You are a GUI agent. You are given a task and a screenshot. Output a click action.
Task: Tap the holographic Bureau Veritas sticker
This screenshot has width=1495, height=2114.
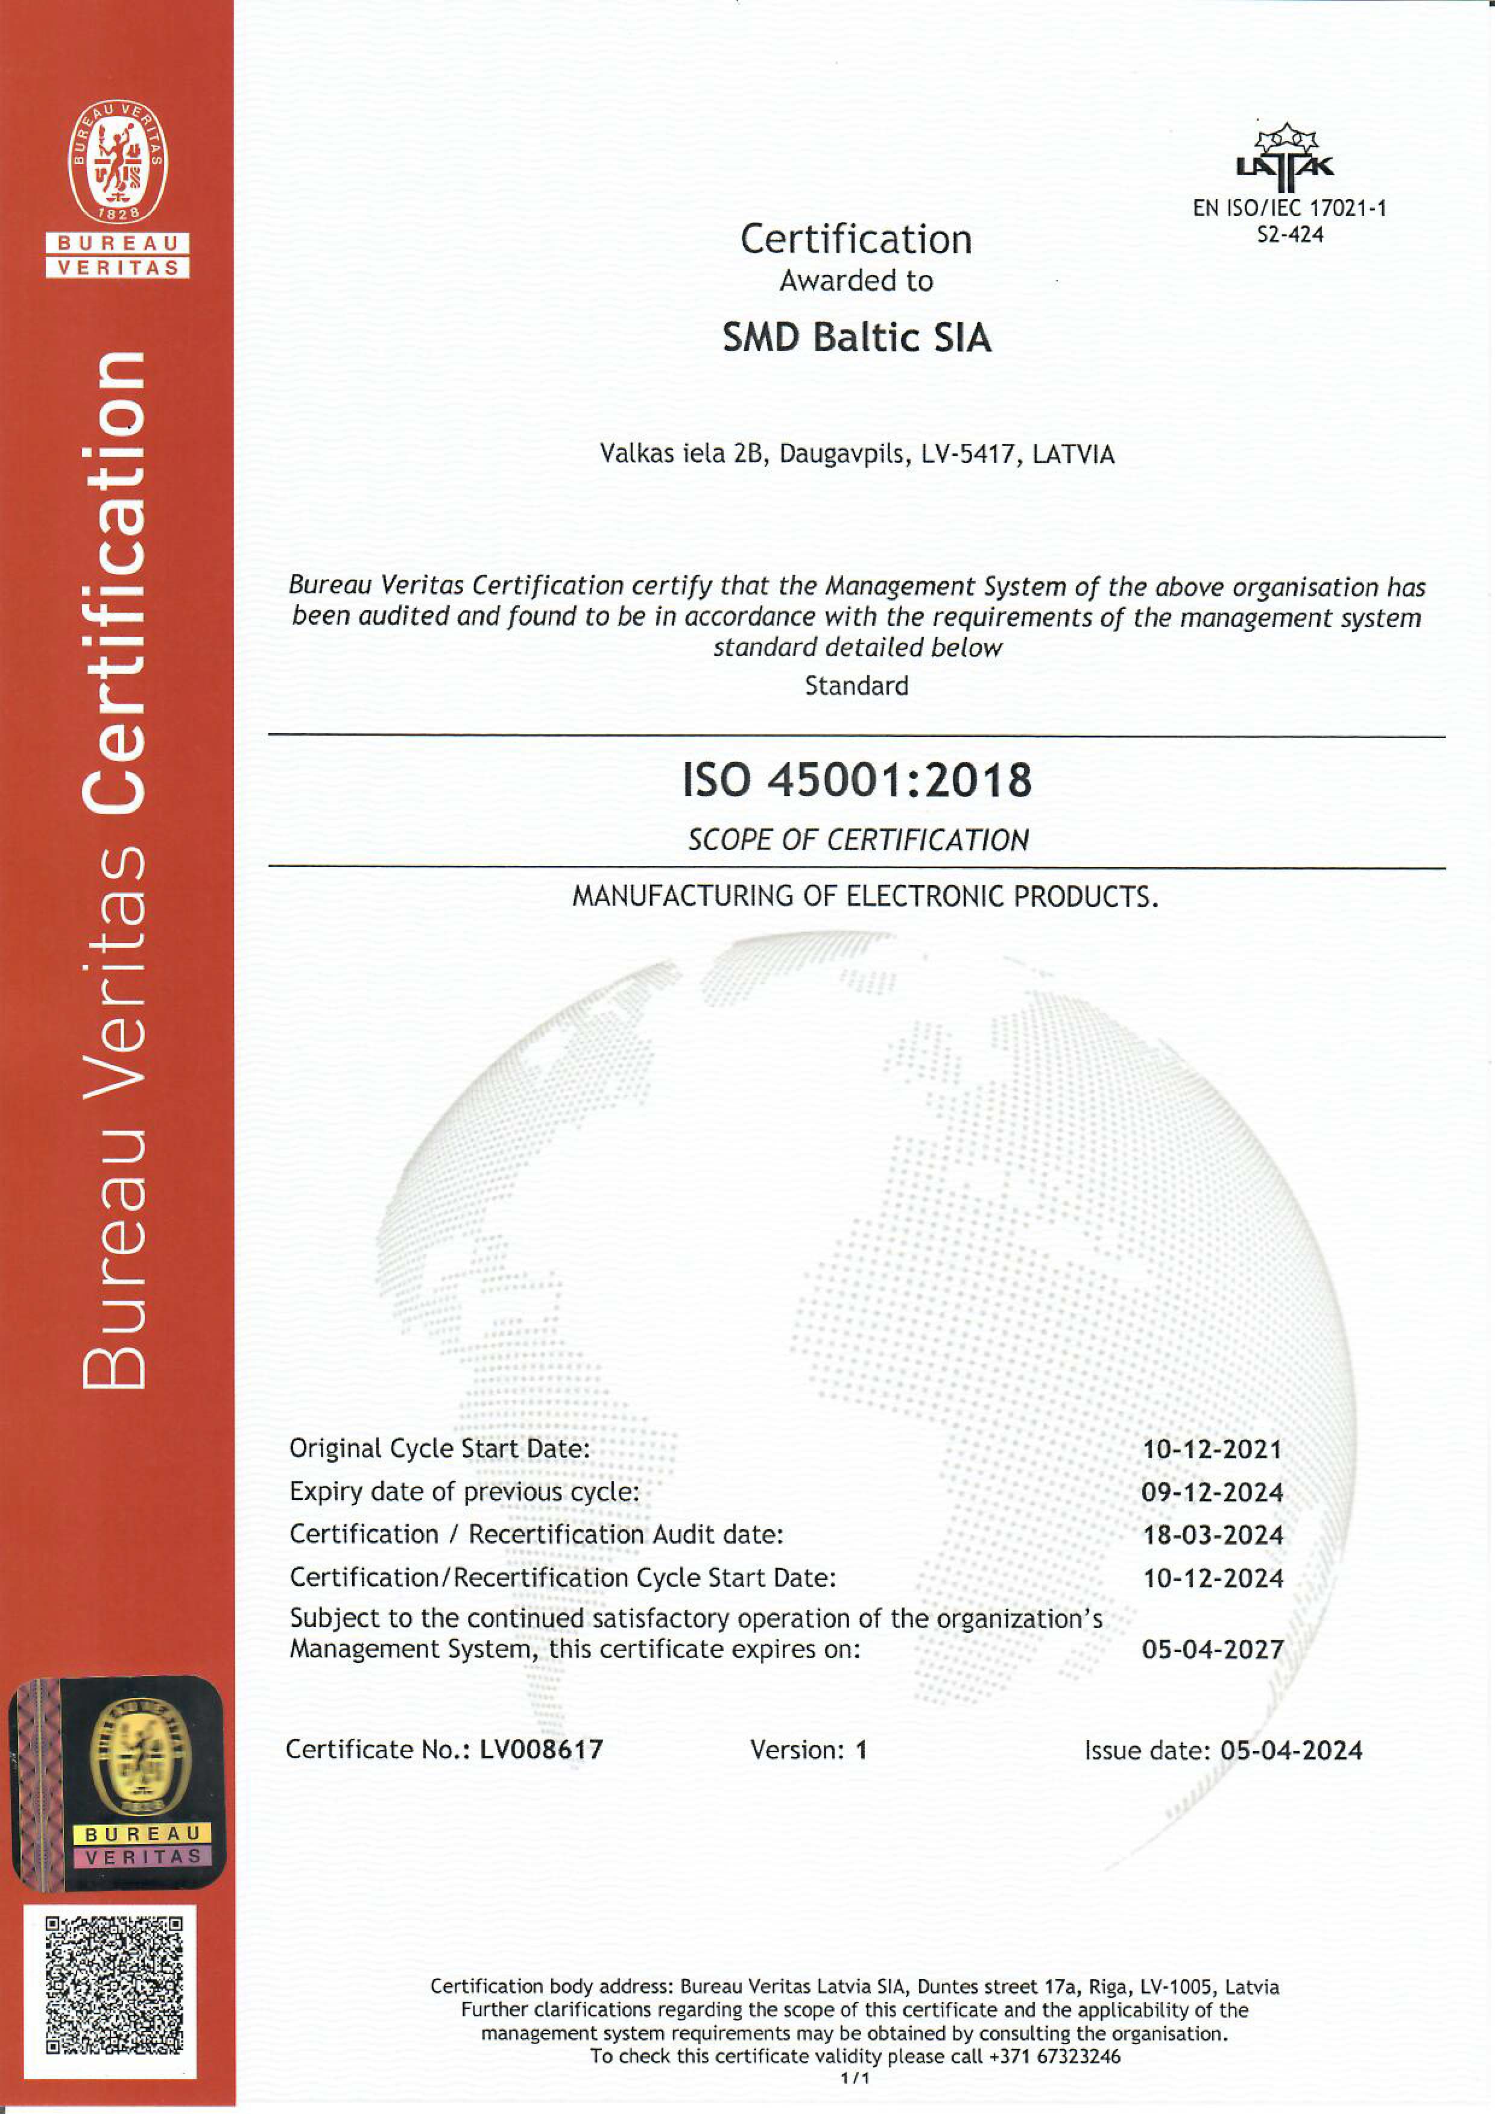pos(117,1781)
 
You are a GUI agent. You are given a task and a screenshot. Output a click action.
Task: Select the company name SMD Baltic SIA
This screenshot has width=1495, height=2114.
pos(856,337)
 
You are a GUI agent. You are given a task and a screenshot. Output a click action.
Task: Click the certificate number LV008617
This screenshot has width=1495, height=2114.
pos(542,1749)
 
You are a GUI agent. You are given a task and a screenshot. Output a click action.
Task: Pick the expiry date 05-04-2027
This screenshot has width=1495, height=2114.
pos(1212,1649)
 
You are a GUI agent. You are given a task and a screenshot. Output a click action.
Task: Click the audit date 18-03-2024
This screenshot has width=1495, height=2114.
pos(1212,1535)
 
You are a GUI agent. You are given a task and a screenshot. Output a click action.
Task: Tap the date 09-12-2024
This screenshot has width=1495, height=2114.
pos(1212,1492)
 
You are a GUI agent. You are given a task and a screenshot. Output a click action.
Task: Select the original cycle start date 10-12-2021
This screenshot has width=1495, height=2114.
pos(1212,1450)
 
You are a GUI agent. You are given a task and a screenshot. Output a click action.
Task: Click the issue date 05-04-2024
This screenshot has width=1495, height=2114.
pos(1291,1750)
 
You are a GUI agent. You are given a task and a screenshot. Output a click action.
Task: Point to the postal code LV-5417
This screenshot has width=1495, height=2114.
pos(970,454)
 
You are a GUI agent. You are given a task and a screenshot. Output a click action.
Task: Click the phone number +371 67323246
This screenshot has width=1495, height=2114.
pos(1055,2056)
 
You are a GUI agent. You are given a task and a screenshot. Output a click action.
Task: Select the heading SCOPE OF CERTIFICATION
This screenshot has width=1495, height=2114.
pos(858,840)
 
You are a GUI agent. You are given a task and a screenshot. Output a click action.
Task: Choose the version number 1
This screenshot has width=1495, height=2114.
pos(861,1749)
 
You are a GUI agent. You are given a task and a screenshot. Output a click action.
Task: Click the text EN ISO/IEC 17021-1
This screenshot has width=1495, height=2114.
pos(1289,208)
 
